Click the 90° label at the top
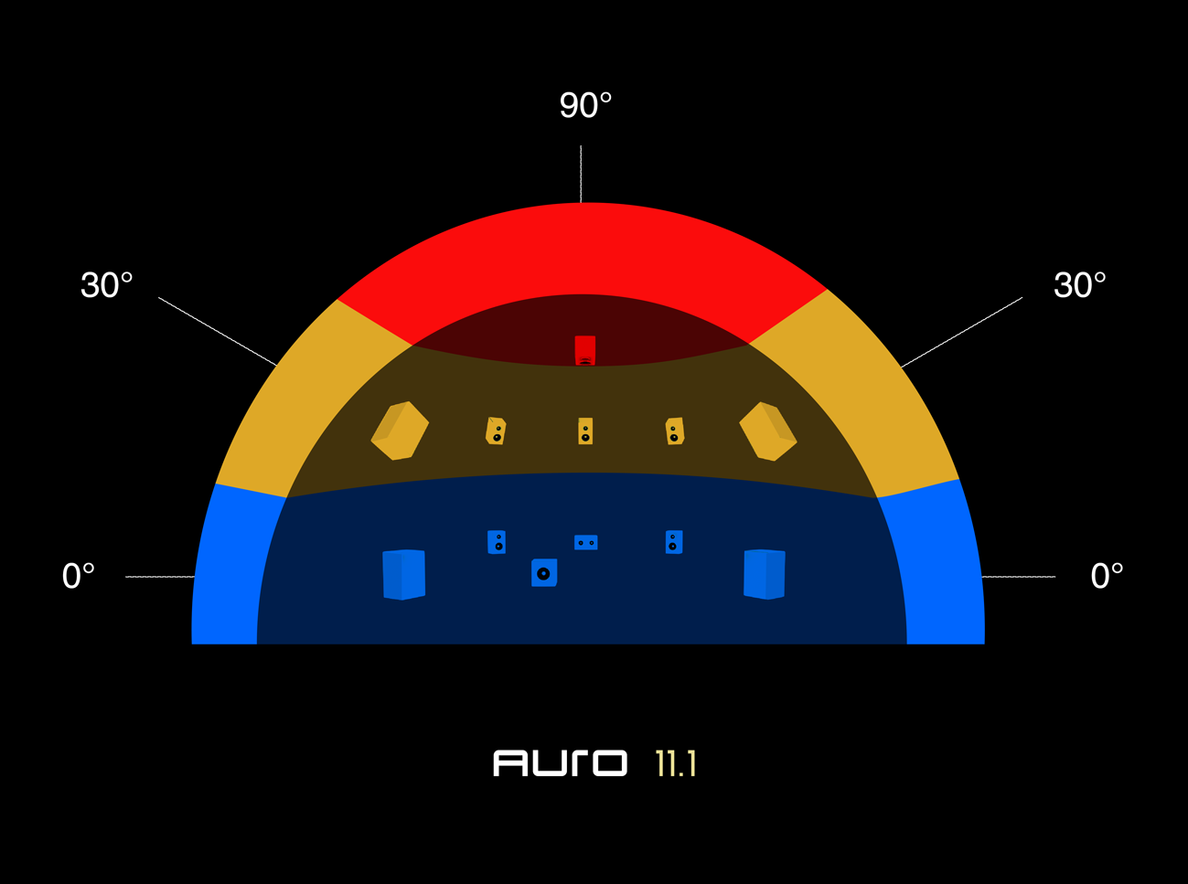tap(585, 106)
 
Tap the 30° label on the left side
tap(107, 286)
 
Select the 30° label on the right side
tap(1079, 286)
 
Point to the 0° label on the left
tap(79, 576)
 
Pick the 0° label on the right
tap(1107, 576)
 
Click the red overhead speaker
tap(585, 350)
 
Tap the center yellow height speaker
tap(585, 431)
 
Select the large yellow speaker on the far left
tap(400, 431)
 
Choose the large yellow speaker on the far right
tap(768, 431)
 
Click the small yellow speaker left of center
tap(496, 431)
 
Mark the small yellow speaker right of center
tap(675, 431)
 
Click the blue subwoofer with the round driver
tap(544, 573)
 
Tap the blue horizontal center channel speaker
tap(585, 543)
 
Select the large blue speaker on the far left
tap(403, 574)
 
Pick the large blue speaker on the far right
tap(765, 574)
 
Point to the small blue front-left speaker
tap(497, 542)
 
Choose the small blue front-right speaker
tap(674, 542)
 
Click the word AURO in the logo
tap(560, 763)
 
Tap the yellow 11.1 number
tap(676, 764)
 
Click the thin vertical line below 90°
tap(581, 174)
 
